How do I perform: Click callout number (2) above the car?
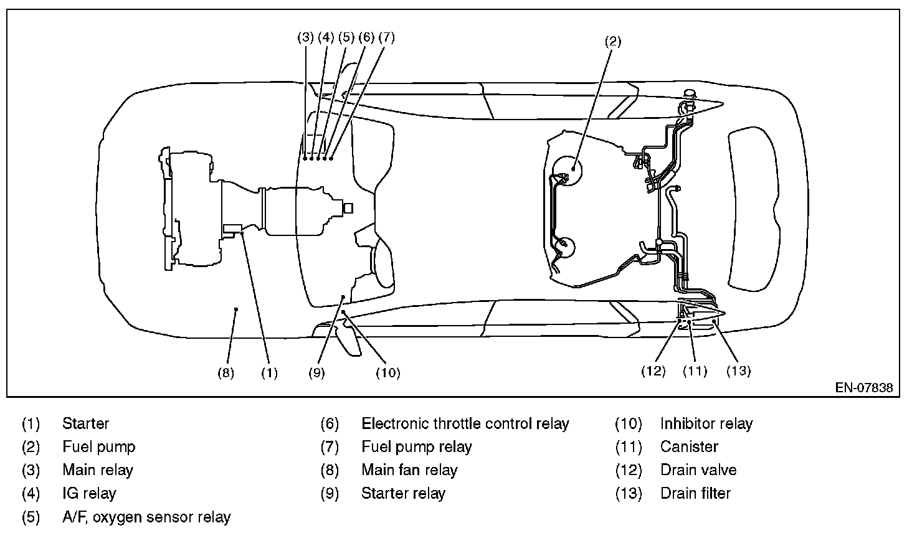613,42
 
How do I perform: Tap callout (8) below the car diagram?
226,373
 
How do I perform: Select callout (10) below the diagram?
387,373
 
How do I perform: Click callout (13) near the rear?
738,371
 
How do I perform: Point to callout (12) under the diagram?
653,371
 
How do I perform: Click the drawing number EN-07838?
864,388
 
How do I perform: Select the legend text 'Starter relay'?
403,494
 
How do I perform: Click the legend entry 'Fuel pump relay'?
416,447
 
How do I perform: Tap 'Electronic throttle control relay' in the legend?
465,424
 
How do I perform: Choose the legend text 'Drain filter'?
695,494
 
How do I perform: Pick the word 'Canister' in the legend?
689,447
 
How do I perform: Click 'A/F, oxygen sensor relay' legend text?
146,517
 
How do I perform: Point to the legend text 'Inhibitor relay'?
706,424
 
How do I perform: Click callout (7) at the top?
386,37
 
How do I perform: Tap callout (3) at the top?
305,37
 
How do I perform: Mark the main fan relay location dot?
236,308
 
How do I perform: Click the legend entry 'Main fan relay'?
409,470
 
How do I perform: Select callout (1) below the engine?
269,373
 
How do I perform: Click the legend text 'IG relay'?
89,494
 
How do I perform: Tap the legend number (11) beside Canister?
628,447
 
